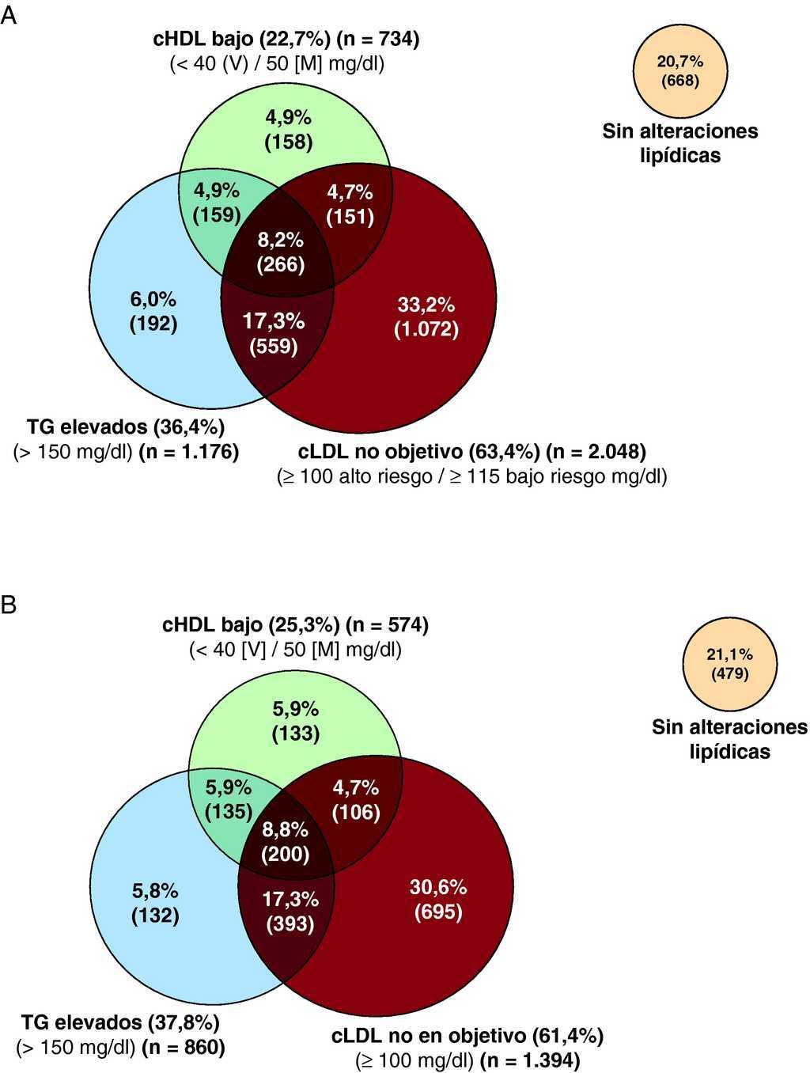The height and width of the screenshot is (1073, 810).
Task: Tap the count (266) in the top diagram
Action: click(x=280, y=264)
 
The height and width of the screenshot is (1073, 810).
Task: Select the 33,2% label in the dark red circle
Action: click(x=426, y=305)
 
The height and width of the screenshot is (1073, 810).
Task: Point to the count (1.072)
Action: click(x=426, y=328)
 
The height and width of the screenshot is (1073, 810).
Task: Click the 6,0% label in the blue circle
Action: click(x=153, y=299)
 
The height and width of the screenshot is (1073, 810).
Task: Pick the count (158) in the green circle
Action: click(x=288, y=142)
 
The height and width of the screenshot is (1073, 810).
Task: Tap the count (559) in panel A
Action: click(x=274, y=346)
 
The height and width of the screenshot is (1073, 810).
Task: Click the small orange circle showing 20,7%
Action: click(x=680, y=71)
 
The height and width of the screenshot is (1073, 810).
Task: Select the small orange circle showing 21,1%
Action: click(x=729, y=664)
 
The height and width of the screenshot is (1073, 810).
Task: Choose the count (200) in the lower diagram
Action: click(x=286, y=855)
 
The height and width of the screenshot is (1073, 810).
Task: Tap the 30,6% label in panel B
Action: click(x=438, y=887)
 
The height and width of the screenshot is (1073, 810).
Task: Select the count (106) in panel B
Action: click(x=356, y=812)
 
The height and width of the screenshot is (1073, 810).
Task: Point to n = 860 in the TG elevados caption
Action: click(x=183, y=1048)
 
